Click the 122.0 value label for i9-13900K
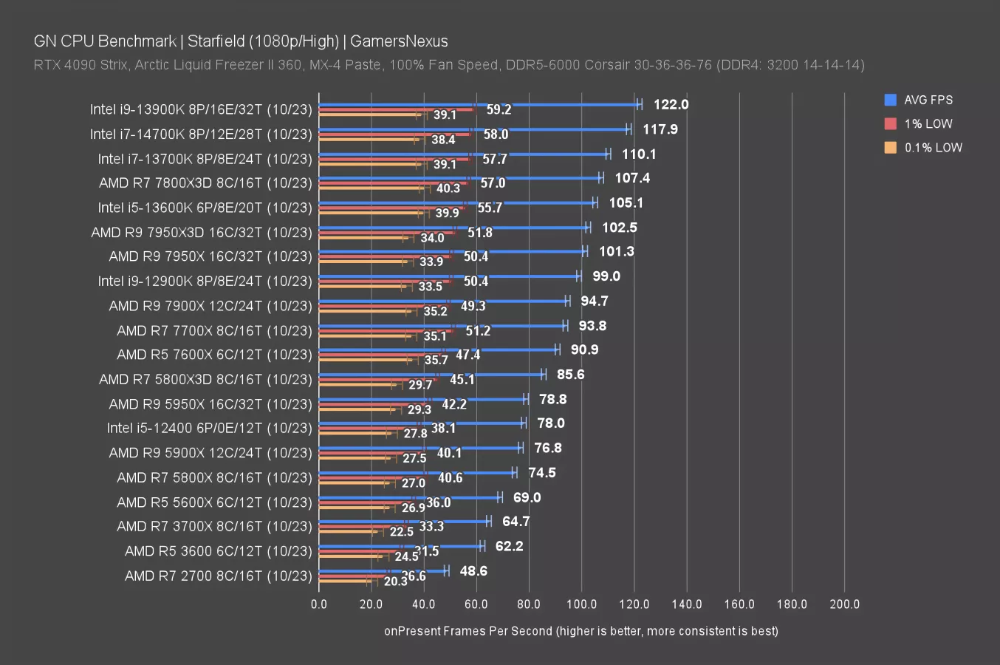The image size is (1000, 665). point(671,105)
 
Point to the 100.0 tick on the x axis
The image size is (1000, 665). point(581,604)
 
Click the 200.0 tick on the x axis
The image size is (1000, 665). point(844,604)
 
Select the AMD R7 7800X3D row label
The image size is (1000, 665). point(205,183)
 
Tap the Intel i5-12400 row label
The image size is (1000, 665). point(209,429)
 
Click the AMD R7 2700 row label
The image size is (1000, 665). point(218,576)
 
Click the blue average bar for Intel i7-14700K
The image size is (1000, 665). point(473,129)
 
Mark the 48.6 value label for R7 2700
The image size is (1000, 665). point(473,571)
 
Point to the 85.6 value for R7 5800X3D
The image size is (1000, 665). point(570,375)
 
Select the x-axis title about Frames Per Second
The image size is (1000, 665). point(581,631)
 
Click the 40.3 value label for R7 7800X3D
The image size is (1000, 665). point(448,188)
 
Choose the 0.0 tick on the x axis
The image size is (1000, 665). point(319,604)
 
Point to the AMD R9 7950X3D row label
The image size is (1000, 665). point(202,233)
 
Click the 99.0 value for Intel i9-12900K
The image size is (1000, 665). point(606,276)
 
